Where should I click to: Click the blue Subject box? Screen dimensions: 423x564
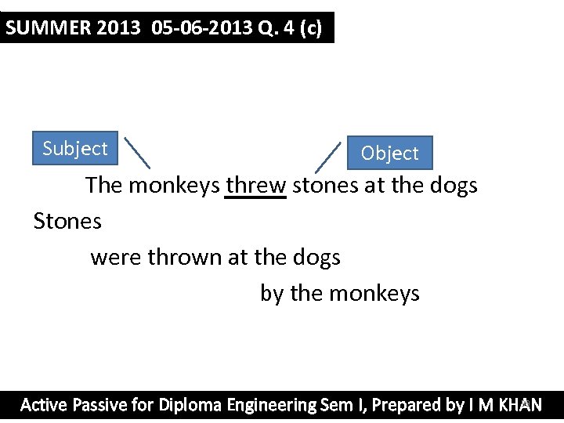[75, 148]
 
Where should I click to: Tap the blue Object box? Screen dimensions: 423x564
[389, 153]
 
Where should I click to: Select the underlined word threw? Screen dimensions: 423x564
[255, 186]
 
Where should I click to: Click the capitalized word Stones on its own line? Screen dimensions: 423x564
[67, 222]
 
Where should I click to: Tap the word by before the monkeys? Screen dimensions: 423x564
[272, 294]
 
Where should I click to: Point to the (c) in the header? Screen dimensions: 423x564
[311, 28]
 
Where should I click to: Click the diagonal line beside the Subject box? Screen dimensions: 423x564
[137, 153]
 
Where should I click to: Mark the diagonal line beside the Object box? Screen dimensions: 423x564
[328, 157]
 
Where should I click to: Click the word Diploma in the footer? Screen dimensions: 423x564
[190, 405]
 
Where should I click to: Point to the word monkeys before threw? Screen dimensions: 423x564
[173, 186]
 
